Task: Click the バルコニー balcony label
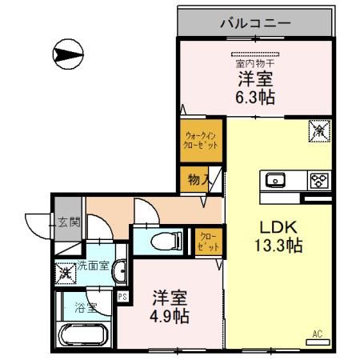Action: [257, 23]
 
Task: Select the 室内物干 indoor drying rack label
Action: [254, 62]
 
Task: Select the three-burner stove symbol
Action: [318, 181]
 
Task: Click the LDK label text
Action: [274, 226]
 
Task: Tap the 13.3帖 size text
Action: [276, 246]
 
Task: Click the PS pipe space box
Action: [122, 296]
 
